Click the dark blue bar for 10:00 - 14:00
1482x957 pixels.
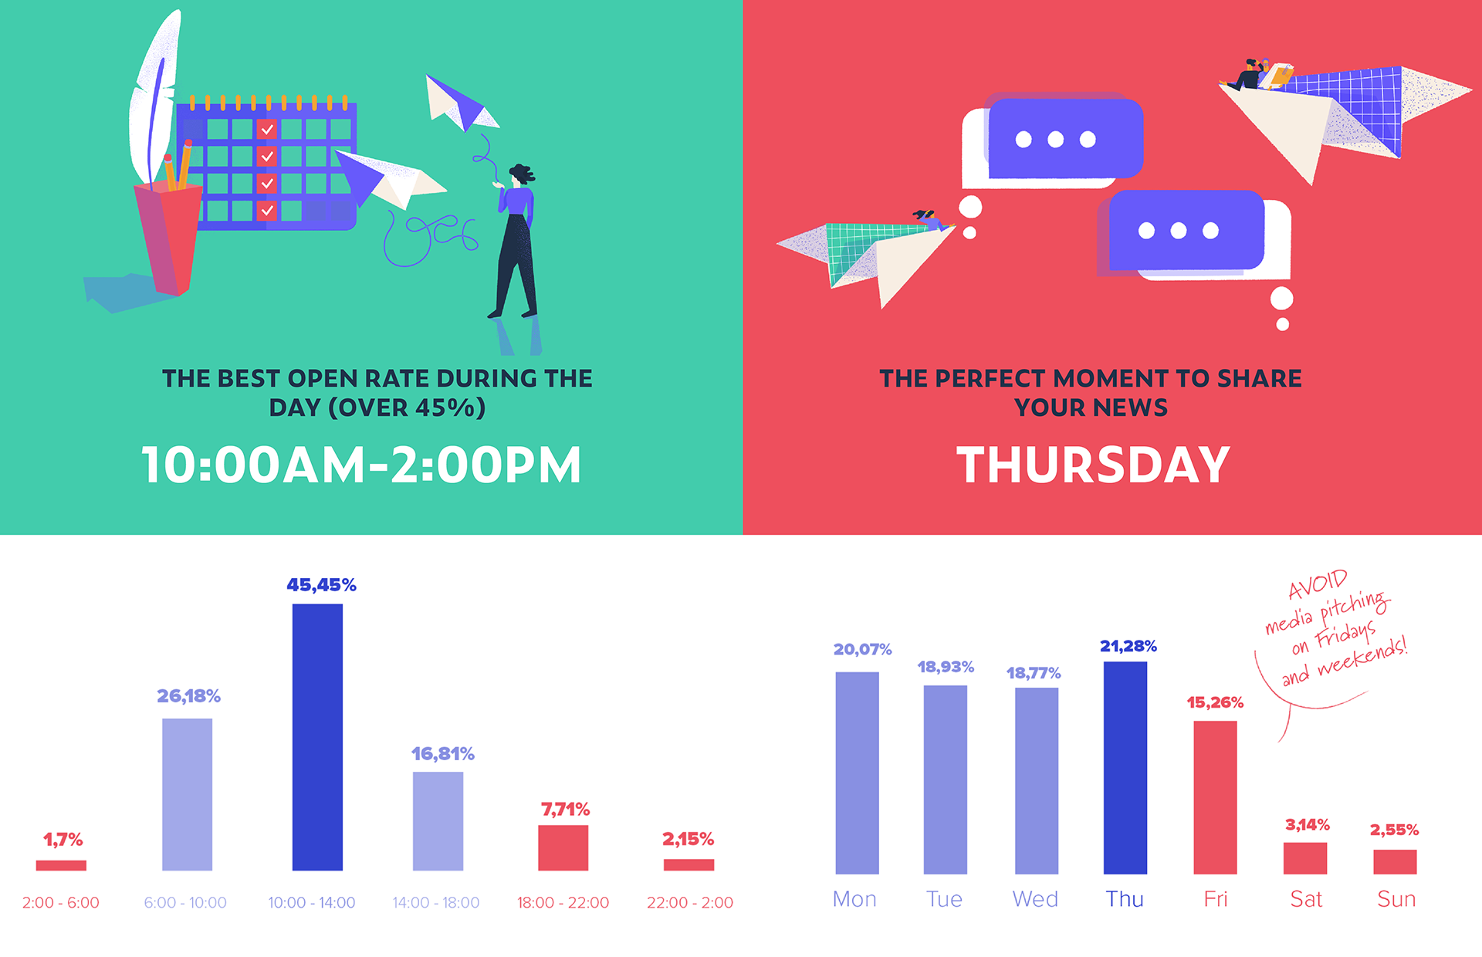tap(317, 737)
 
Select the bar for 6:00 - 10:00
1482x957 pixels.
tap(187, 794)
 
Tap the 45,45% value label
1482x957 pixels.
tap(321, 585)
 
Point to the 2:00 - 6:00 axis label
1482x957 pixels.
tap(61, 902)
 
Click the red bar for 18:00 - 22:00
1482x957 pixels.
tap(563, 847)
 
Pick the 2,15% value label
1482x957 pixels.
tap(688, 839)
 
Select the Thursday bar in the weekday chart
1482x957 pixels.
tap(1125, 767)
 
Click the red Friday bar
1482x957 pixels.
tap(1215, 797)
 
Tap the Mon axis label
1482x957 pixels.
tap(854, 899)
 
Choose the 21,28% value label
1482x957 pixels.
tap(1128, 646)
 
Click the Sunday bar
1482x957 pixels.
tap(1395, 861)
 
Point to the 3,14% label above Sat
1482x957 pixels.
tap(1307, 825)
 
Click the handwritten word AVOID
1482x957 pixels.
tap(1318, 585)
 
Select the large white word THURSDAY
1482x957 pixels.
tap(1093, 465)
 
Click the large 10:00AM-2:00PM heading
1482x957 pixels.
tap(361, 465)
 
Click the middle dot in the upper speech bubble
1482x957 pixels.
tap(1055, 140)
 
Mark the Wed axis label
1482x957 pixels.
tap(1035, 899)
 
